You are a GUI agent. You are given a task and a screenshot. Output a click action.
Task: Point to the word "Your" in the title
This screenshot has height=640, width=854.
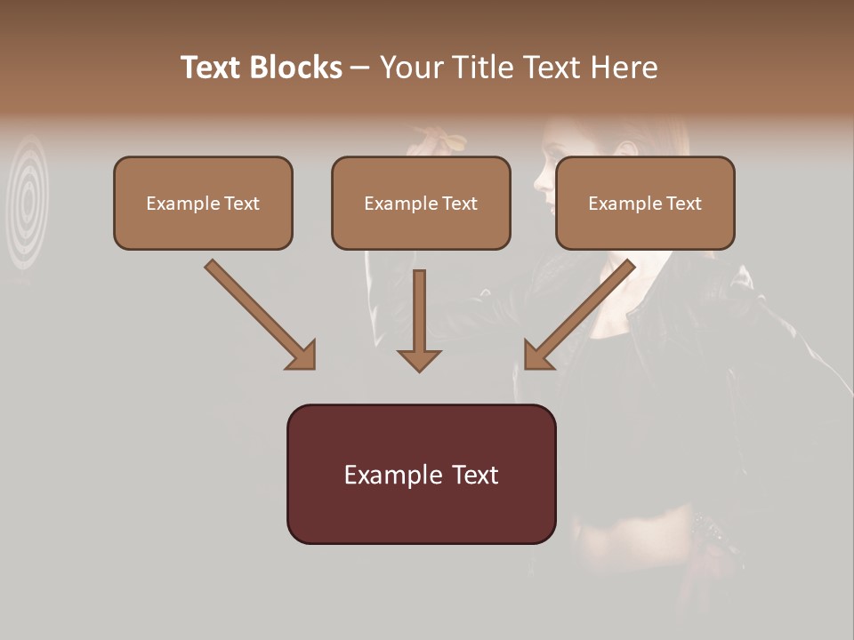click(410, 68)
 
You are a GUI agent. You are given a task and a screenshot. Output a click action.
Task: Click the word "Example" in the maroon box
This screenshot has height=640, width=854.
click(389, 475)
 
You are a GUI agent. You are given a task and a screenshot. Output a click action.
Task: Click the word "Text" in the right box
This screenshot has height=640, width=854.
click(683, 204)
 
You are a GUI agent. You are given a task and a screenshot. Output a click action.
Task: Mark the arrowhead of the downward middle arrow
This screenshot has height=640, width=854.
click(419, 359)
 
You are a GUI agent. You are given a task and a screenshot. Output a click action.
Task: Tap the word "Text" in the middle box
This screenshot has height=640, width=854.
click(459, 204)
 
